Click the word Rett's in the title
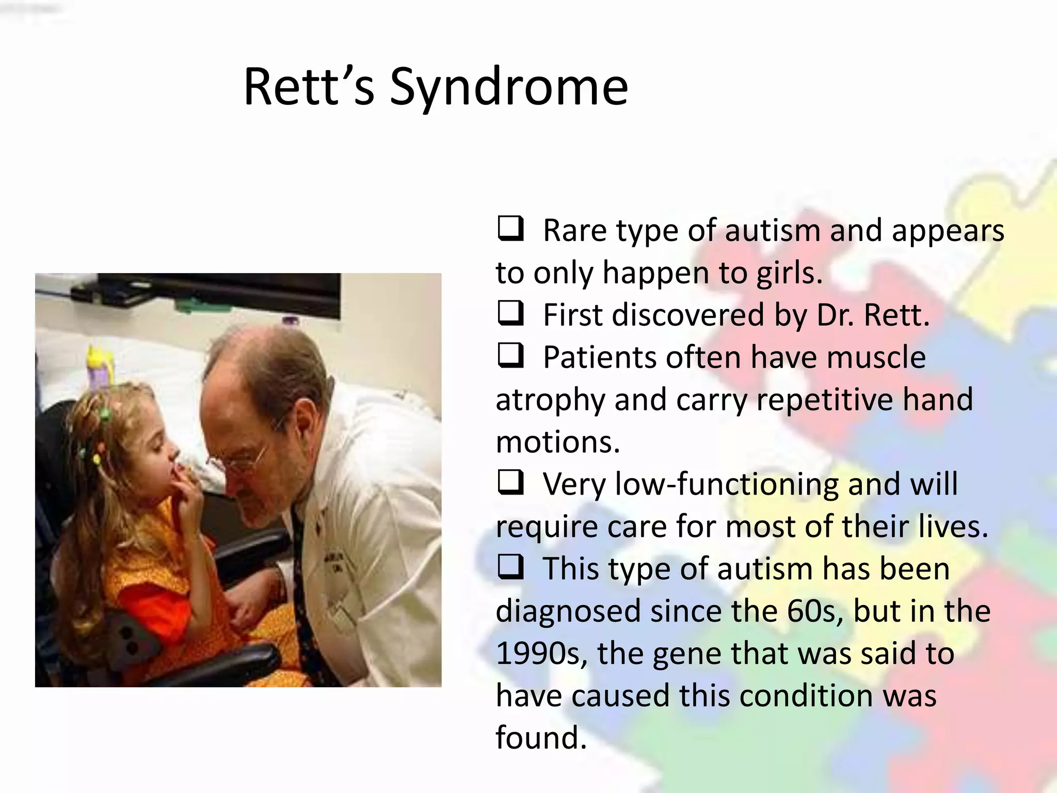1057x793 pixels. coord(309,88)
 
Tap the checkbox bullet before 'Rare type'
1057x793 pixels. coord(510,229)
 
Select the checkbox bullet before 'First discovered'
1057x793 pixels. coord(510,313)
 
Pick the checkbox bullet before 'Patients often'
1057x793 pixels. coord(510,356)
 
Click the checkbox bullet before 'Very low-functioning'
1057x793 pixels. coord(510,483)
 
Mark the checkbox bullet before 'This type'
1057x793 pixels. coord(510,567)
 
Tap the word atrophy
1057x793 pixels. coord(550,401)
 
